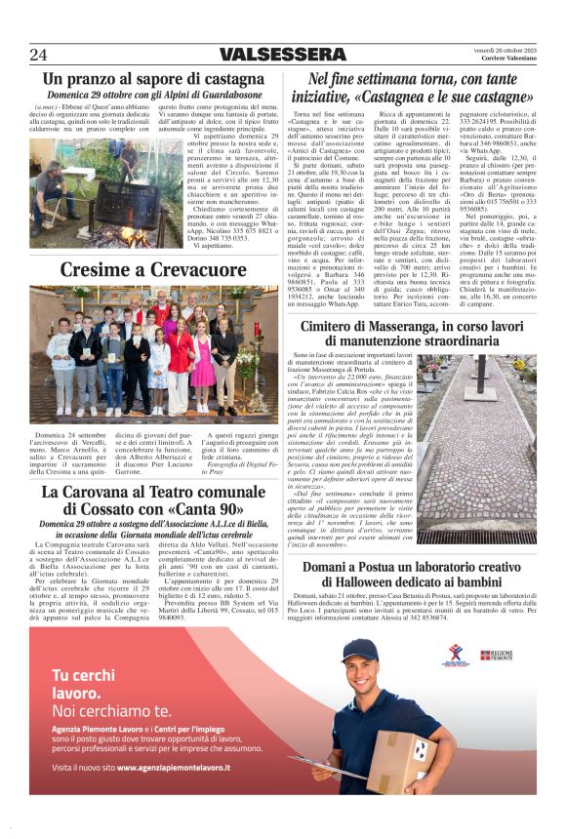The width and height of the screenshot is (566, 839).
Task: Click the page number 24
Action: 38,55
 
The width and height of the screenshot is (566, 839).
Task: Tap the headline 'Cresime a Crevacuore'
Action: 153,270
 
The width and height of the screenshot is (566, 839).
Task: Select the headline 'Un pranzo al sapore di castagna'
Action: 153,79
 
